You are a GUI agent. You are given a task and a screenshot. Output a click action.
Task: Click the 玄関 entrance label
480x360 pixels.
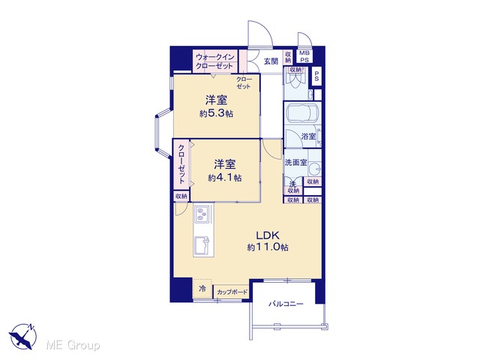tap(271, 61)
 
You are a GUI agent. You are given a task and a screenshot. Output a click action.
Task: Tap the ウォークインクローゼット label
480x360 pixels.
tap(215, 61)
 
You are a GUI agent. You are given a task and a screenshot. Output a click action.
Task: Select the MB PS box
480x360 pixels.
tap(304, 56)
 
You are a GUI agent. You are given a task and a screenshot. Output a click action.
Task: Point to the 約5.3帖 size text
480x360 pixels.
tap(216, 114)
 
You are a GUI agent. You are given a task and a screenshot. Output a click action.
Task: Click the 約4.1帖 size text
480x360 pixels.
tap(225, 178)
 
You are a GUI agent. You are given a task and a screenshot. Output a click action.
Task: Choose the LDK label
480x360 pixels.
tap(268, 235)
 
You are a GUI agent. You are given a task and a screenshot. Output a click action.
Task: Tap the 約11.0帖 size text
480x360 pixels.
tap(268, 247)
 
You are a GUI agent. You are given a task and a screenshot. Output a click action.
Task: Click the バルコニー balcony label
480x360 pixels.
tap(286, 304)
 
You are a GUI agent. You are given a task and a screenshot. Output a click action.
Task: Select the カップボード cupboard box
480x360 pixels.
tap(232, 292)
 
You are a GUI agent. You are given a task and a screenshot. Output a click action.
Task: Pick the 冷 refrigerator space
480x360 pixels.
tap(202, 288)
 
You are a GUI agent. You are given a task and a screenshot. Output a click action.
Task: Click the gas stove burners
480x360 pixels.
tap(201, 214)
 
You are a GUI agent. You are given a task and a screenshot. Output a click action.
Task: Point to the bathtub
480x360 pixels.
tap(301, 115)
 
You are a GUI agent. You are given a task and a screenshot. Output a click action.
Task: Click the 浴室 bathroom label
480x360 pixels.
tap(308, 136)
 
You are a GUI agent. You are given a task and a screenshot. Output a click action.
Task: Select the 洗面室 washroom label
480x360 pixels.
tap(295, 163)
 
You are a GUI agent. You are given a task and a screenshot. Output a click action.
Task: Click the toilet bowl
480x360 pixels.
tap(295, 80)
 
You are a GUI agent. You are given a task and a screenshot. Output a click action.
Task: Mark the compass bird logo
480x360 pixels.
tap(23, 337)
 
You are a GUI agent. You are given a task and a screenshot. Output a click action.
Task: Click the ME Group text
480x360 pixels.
tap(73, 346)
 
